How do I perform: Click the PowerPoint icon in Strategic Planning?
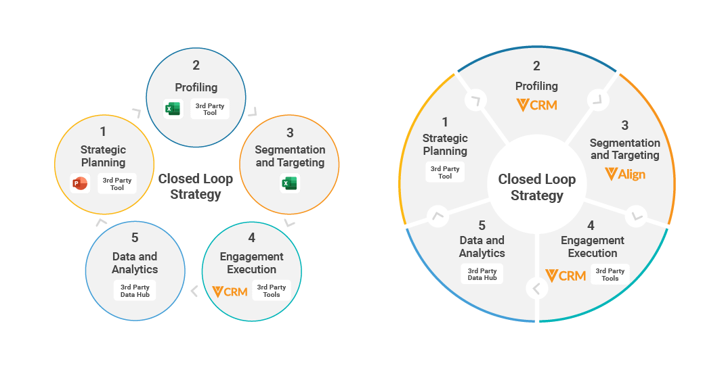click(x=79, y=183)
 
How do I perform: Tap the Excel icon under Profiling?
click(x=173, y=109)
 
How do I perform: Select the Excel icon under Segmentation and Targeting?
click(x=290, y=183)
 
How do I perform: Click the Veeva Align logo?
click(x=624, y=174)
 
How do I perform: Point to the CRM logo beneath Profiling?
click(x=536, y=105)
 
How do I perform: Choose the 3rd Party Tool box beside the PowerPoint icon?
click(x=117, y=184)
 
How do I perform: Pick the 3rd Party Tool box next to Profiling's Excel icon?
click(x=210, y=109)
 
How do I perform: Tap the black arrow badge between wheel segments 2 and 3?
click(x=598, y=100)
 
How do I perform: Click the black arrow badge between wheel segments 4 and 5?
click(x=536, y=289)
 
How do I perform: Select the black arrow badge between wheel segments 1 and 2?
click(x=476, y=100)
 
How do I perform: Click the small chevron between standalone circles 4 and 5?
click(x=194, y=291)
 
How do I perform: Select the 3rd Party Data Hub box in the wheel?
click(x=482, y=274)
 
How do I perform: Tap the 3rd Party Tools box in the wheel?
click(x=610, y=274)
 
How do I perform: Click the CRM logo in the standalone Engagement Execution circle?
click(x=230, y=291)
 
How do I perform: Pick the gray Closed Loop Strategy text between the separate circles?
click(x=195, y=187)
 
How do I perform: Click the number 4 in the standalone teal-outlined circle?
click(x=252, y=237)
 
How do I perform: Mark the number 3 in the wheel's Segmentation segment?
click(x=624, y=125)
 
